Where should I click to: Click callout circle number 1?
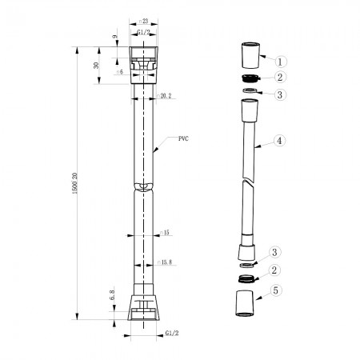click(x=281, y=60)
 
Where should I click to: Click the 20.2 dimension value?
click(x=166, y=96)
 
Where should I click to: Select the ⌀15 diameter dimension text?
click(x=166, y=233)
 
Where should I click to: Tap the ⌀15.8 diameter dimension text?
click(x=167, y=261)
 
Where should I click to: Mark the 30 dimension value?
click(x=97, y=66)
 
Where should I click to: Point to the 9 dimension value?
click(x=114, y=38)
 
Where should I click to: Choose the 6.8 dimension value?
click(x=114, y=296)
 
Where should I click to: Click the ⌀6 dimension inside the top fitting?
click(x=120, y=72)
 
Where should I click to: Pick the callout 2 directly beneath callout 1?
click(x=280, y=78)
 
